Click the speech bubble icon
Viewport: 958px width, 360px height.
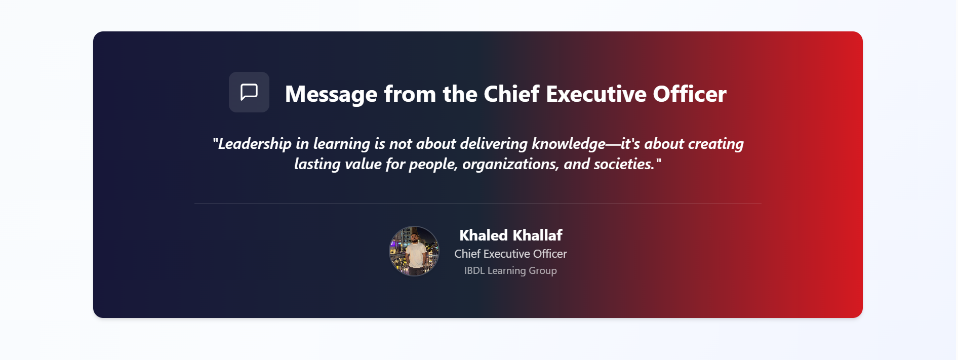tap(249, 92)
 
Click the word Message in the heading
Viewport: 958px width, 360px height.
tap(331, 95)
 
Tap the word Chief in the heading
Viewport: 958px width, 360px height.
tap(511, 94)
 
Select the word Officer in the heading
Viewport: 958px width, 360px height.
tap(690, 94)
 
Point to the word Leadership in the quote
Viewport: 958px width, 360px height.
tap(255, 144)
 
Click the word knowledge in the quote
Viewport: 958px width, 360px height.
tap(569, 144)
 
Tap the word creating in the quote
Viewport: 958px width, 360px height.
tap(715, 144)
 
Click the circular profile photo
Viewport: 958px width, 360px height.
tap(414, 251)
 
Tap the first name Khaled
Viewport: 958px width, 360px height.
tap(484, 235)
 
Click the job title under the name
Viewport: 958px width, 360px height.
tap(510, 254)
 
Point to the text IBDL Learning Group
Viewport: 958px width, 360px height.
tap(510, 270)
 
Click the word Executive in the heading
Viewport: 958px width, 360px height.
tap(596, 94)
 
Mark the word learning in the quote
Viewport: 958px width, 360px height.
tap(342, 144)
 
